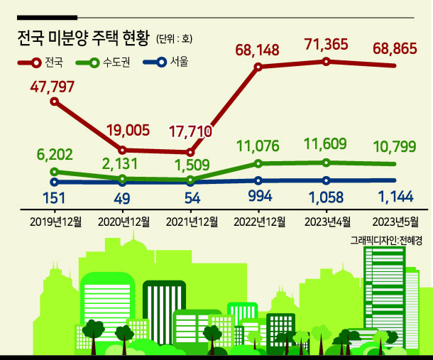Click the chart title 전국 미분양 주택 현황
tap(83, 38)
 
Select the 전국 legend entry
tap(40, 62)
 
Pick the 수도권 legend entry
tap(103, 62)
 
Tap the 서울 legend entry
tap(165, 62)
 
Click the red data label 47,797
tap(53, 87)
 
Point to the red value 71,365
tap(326, 45)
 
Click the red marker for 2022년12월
tap(258, 67)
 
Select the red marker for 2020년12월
tap(122, 151)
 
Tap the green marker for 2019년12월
tap(55, 172)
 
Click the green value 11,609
tap(325, 143)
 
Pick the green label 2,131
tap(120, 164)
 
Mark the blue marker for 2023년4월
tap(326, 180)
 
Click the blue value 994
tap(260, 196)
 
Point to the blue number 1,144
tap(395, 197)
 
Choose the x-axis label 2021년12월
tap(192, 222)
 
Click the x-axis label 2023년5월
tap(395, 222)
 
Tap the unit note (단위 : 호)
tap(174, 38)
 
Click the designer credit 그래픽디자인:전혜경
tap(386, 241)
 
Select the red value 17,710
tap(190, 131)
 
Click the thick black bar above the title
tap(48, 18)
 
